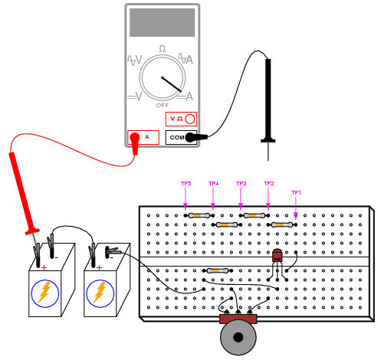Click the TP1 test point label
(296, 193)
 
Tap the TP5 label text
(186, 184)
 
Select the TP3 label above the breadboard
(242, 184)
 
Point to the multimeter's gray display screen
(163, 22)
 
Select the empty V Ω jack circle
(190, 119)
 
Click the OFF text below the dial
(163, 106)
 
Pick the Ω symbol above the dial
(163, 48)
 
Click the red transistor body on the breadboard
(278, 255)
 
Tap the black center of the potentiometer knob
(238, 337)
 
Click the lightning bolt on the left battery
(44, 292)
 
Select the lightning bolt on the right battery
(100, 292)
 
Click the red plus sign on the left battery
(44, 268)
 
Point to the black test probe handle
(268, 100)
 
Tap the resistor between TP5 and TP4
(199, 216)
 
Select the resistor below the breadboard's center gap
(218, 270)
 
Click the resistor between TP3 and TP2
(255, 216)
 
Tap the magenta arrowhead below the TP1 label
(296, 215)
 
